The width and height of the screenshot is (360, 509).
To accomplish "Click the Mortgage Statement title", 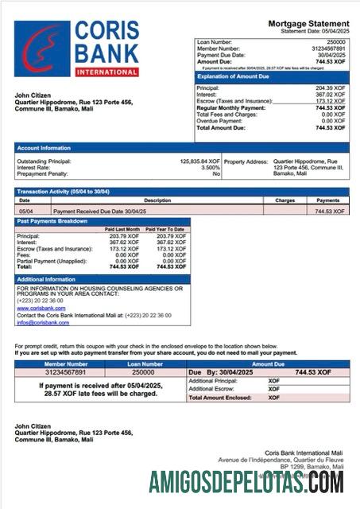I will pos(307,24).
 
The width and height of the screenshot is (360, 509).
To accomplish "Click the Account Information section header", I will pos(45,148).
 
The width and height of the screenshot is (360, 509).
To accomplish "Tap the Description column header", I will pos(157,200).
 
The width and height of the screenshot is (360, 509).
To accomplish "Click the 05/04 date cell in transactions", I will pos(25,212).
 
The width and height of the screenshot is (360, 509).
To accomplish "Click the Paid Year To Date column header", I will pos(168,229).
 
